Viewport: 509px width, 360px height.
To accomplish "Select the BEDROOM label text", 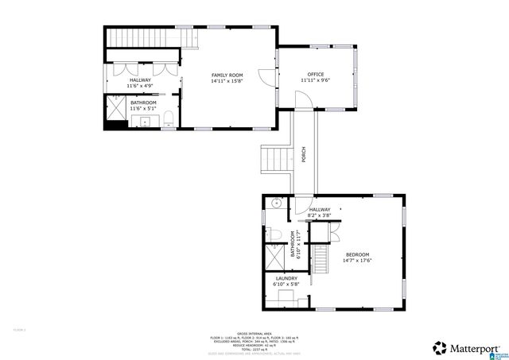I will tap(357, 254).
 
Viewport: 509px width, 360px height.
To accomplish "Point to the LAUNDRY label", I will tap(286, 278).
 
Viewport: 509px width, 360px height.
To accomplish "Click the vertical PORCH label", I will tap(303, 155).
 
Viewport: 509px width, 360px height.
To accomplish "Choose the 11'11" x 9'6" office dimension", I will tap(314, 80).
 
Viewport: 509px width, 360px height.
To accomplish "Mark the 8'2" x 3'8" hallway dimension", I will tap(319, 215).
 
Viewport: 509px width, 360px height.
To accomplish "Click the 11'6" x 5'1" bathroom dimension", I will tap(143, 109).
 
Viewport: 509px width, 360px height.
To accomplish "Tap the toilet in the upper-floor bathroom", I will tap(171, 121).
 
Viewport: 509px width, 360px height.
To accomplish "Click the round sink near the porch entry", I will tap(275, 203).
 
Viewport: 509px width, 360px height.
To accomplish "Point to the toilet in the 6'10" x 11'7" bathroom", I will tap(270, 233).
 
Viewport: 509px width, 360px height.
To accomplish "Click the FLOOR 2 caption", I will tap(19, 329).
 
